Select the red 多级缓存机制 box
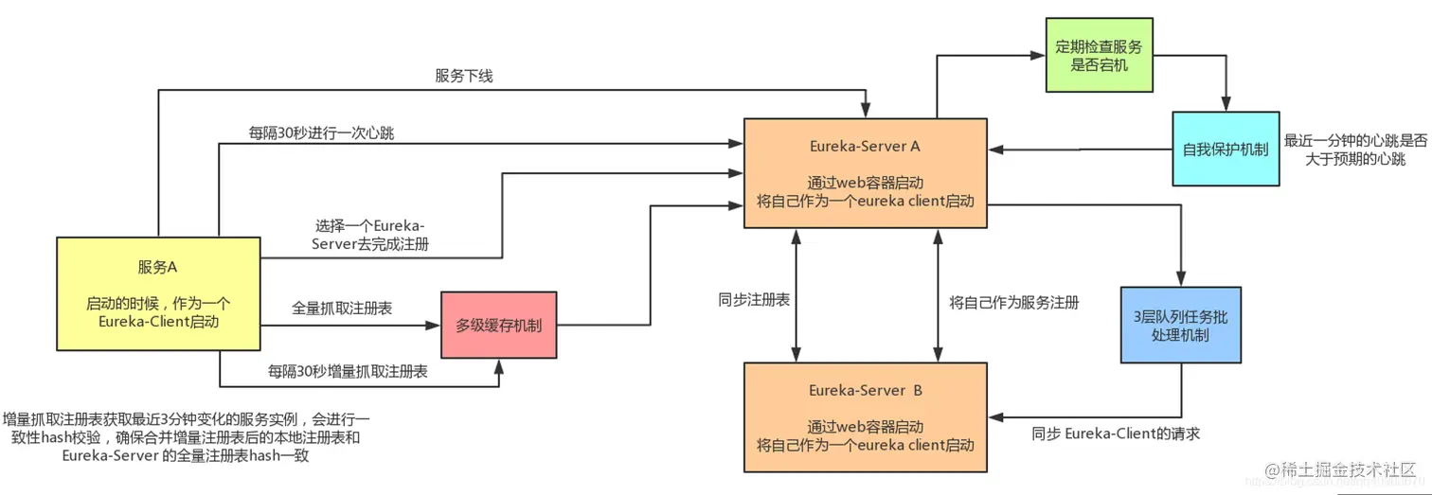498,325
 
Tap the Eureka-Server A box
865,173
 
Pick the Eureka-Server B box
865,416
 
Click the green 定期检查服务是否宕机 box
1099,55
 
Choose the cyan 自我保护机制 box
1226,149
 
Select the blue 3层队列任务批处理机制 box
1179,326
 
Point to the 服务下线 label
464,76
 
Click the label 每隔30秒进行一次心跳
322,133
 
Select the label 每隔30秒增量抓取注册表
347,371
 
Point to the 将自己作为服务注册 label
1013,303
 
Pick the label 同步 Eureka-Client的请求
1116,434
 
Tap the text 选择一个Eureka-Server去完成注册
370,235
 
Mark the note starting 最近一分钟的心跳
1354,150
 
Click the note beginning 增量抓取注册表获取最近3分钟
187,437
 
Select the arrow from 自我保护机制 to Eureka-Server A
1080,150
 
